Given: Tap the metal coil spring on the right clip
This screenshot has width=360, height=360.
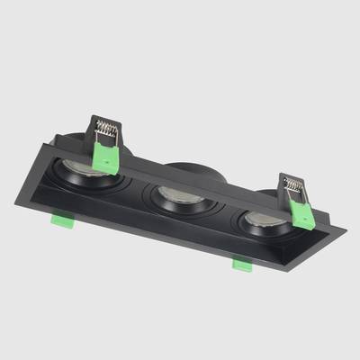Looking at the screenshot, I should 293,186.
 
